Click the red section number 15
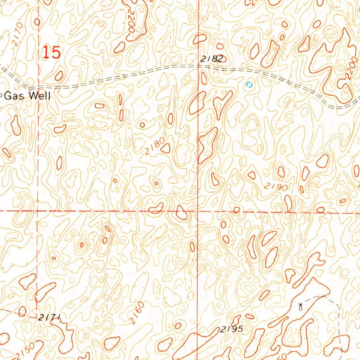click(52, 53)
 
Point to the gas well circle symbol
click(1, 94)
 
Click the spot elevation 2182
click(212, 59)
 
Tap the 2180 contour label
click(155, 147)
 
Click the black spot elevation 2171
click(49, 317)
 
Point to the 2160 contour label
click(136, 312)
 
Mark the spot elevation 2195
click(232, 329)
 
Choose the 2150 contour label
click(25, 350)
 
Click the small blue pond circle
click(250, 85)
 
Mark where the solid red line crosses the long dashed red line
click(198, 212)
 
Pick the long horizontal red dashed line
click(105, 211)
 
